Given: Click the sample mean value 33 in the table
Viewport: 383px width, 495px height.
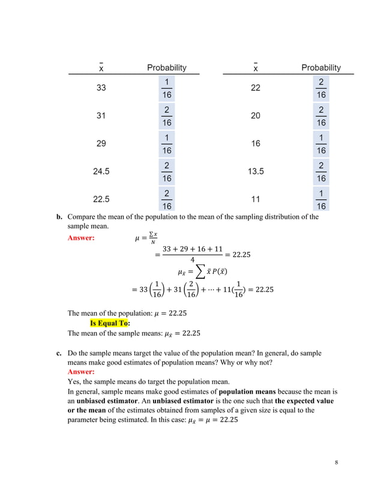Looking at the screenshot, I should (x=101, y=88).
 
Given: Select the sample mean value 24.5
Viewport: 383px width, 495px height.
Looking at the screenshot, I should (x=101, y=171).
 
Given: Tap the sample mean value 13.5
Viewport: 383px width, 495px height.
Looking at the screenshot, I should (x=256, y=171).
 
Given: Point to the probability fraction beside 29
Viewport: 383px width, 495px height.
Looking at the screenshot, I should (x=166, y=144).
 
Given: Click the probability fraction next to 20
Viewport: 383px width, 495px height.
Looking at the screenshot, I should (x=321, y=116).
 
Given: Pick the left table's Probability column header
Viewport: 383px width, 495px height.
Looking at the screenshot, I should (x=167, y=68).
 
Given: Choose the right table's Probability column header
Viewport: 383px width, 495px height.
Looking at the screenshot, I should (x=321, y=68).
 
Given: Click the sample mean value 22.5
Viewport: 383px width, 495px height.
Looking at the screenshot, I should (x=101, y=199).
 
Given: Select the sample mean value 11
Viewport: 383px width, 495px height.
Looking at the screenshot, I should (x=256, y=199).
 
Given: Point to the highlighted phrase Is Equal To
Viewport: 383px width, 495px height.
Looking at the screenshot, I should (x=109, y=322).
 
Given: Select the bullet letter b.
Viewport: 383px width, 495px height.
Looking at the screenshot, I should (x=59, y=217).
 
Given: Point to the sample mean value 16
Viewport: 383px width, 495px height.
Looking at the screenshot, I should (x=256, y=144).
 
